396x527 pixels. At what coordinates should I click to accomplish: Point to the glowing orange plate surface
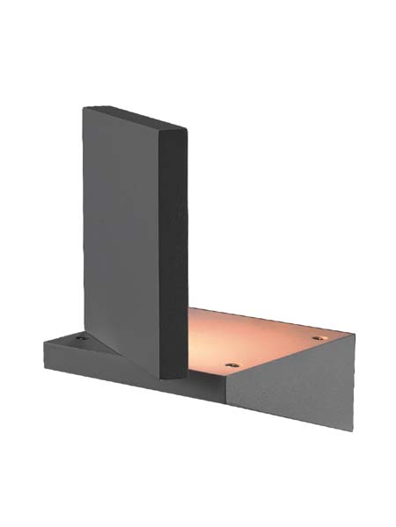[264, 338]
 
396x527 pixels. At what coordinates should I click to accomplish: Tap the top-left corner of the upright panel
[84, 108]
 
